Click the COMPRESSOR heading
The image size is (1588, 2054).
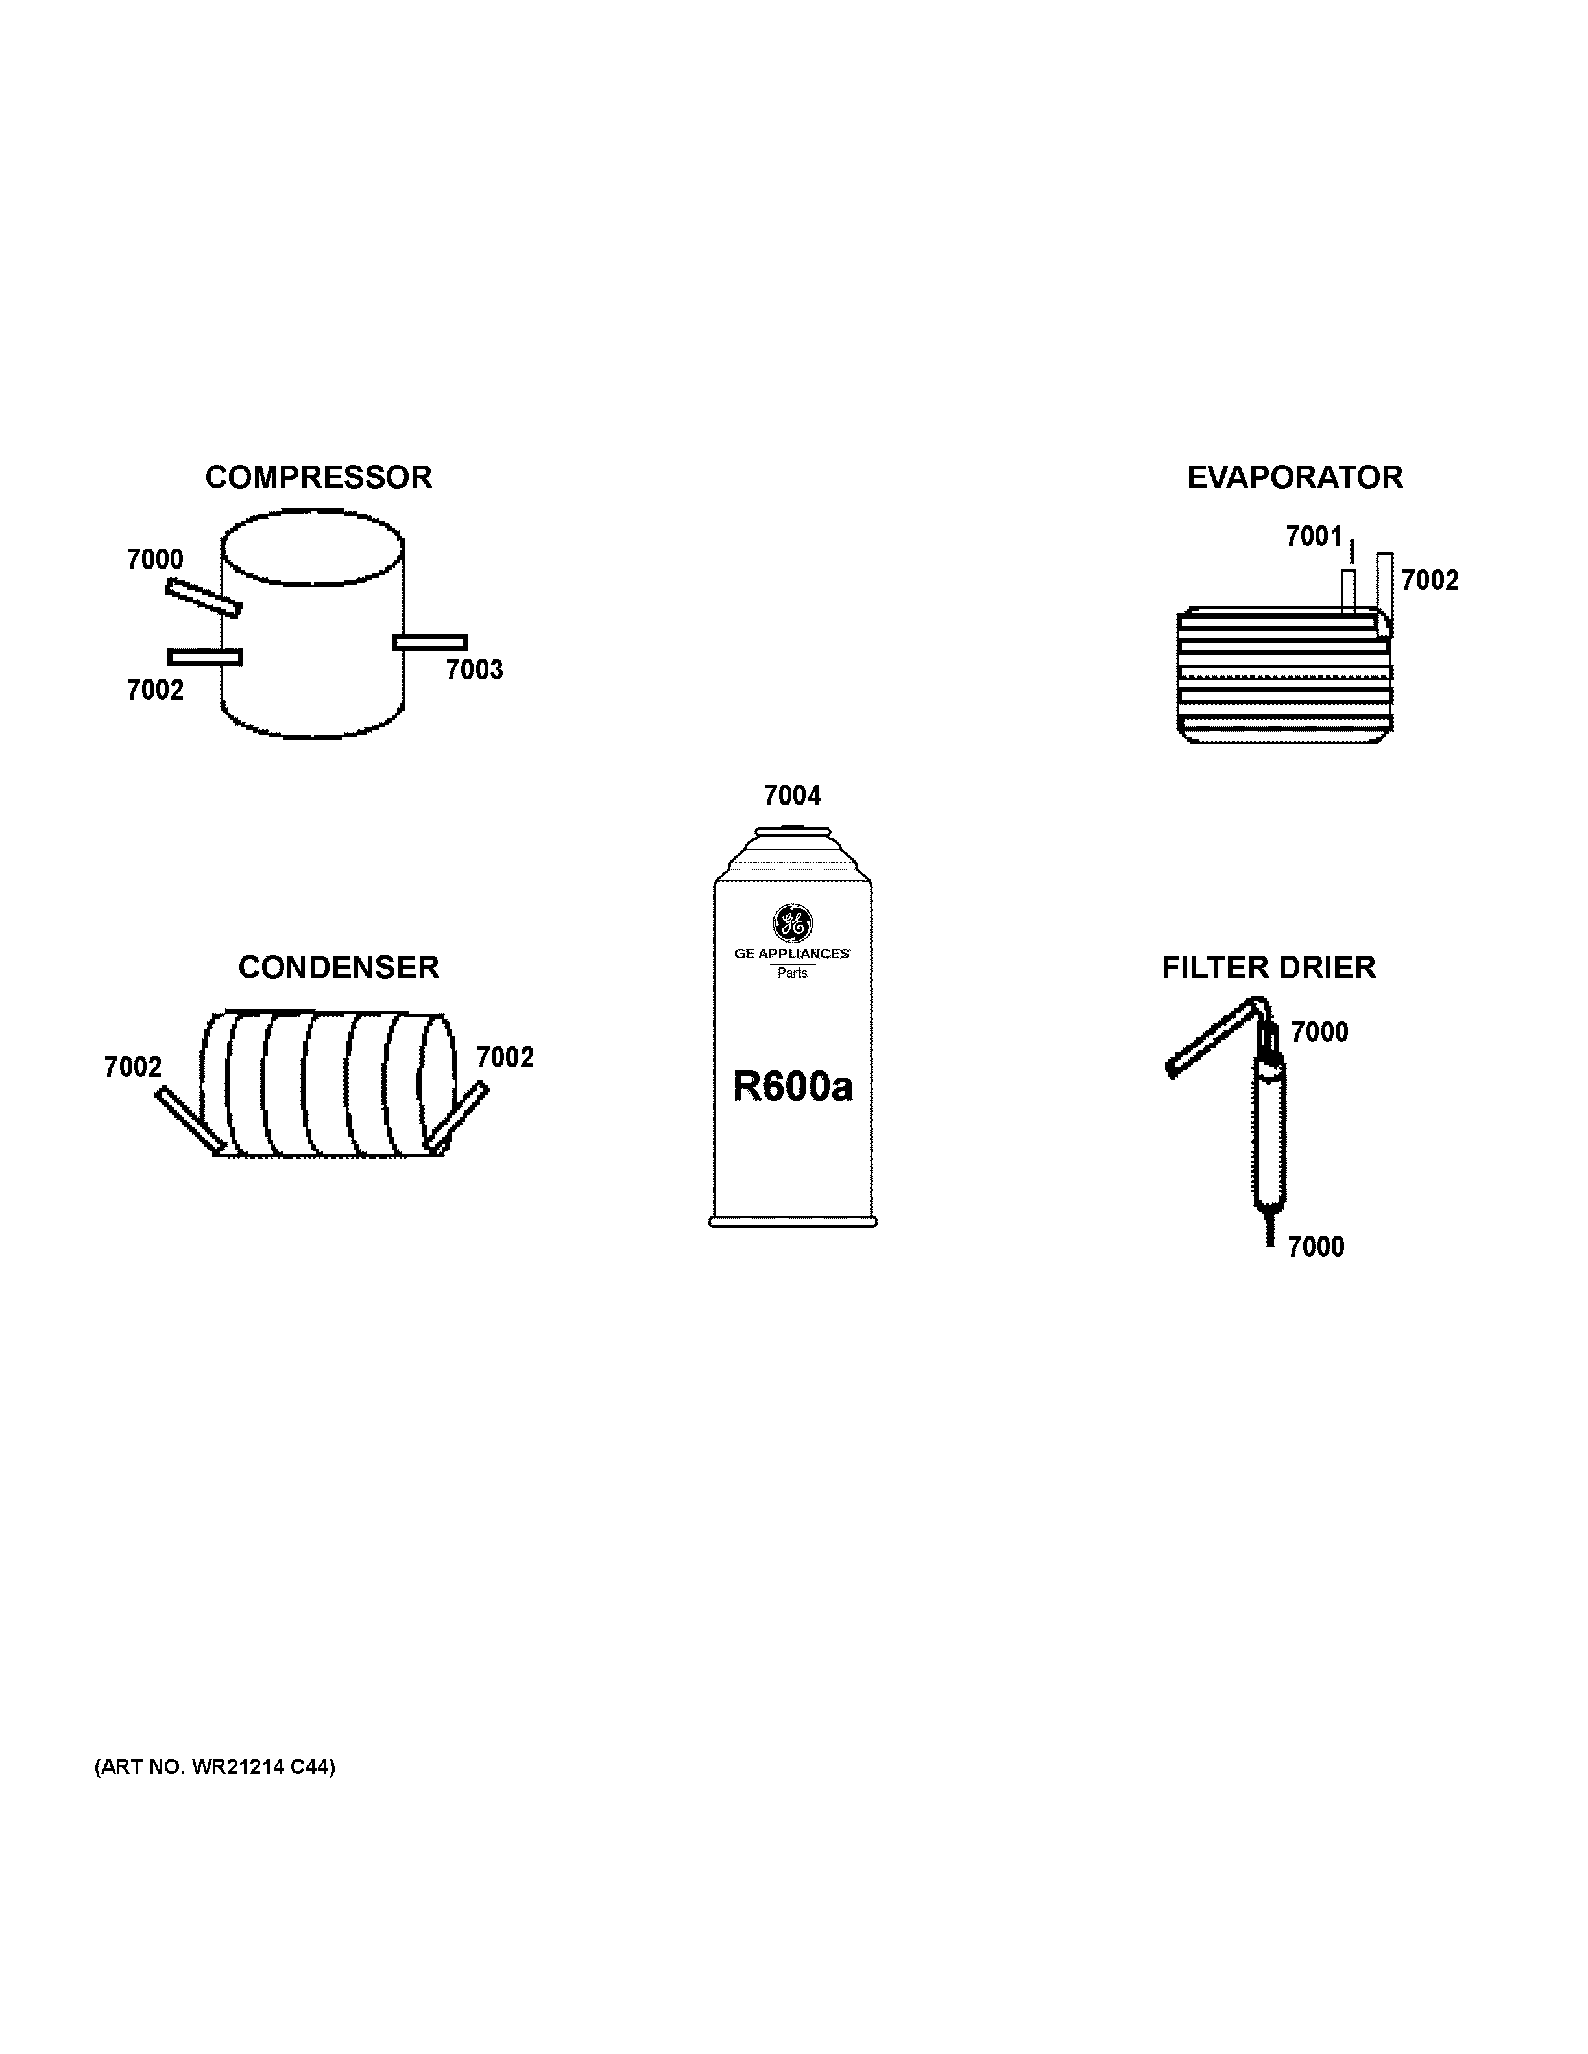(x=318, y=478)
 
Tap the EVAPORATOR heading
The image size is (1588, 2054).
(x=1295, y=478)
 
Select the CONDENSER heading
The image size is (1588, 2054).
(x=339, y=968)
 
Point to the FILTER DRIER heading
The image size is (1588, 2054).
(x=1268, y=968)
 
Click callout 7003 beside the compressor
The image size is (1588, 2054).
(x=474, y=670)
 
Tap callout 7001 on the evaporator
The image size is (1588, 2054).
(x=1314, y=536)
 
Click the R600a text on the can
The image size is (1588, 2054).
(x=792, y=1087)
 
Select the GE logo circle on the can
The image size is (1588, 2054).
(x=792, y=923)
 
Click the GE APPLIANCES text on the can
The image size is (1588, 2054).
(x=792, y=954)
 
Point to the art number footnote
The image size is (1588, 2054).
(x=215, y=1767)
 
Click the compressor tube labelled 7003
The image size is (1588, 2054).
(x=430, y=643)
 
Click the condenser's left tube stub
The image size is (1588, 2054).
(x=190, y=1119)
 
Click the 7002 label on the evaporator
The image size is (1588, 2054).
(x=1430, y=580)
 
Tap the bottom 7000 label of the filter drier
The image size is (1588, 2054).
(x=1315, y=1247)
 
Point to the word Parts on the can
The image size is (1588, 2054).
(x=792, y=973)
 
